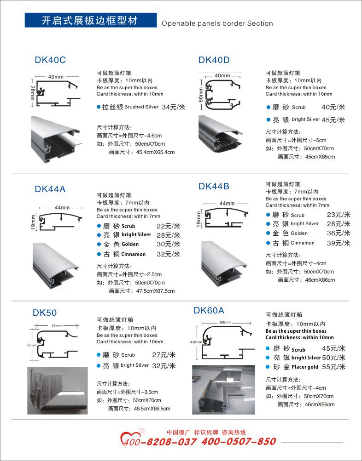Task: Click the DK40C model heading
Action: [x=50, y=60]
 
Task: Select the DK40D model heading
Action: [x=214, y=60]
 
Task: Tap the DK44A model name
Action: [x=50, y=189]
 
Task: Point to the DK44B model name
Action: [x=214, y=187]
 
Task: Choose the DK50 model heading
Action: [x=45, y=313]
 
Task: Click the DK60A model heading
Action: [x=209, y=310]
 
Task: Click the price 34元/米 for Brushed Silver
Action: [x=174, y=107]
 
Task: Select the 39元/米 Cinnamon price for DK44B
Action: [x=339, y=243]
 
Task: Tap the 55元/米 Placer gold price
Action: [x=334, y=367]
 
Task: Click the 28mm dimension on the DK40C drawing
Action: [x=32, y=92]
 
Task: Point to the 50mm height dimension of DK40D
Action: [x=201, y=95]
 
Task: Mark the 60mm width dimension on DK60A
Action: [x=225, y=322]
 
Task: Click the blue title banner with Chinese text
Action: [x=91, y=20]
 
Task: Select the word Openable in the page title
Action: [x=175, y=23]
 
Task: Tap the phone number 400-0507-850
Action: [x=239, y=441]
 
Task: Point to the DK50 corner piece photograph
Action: [x=58, y=390]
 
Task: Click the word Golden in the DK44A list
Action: [x=130, y=245]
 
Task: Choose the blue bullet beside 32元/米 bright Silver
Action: [x=99, y=365]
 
